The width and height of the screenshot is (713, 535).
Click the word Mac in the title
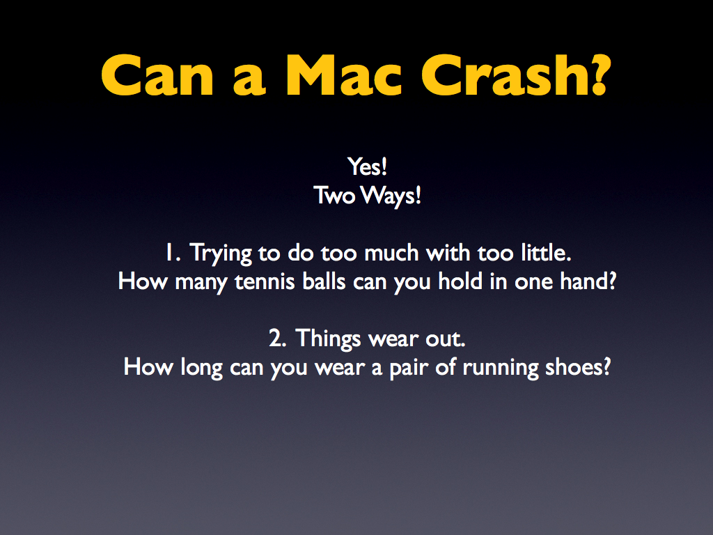tap(344, 75)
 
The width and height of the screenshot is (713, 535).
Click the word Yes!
tap(368, 166)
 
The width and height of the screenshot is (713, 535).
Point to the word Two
tap(334, 196)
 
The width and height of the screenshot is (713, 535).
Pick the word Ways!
tap(391, 196)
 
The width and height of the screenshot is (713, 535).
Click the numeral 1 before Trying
tap(170, 253)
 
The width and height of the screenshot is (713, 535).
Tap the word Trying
tap(221, 254)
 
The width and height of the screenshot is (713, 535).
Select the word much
tap(391, 253)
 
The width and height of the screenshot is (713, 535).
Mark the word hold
tap(460, 281)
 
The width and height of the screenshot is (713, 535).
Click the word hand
tap(583, 281)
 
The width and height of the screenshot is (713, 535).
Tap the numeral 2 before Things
tap(274, 339)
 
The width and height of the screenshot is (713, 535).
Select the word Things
tap(328, 339)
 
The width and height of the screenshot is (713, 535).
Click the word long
tap(201, 368)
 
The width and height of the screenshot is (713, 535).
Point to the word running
tap(500, 369)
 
